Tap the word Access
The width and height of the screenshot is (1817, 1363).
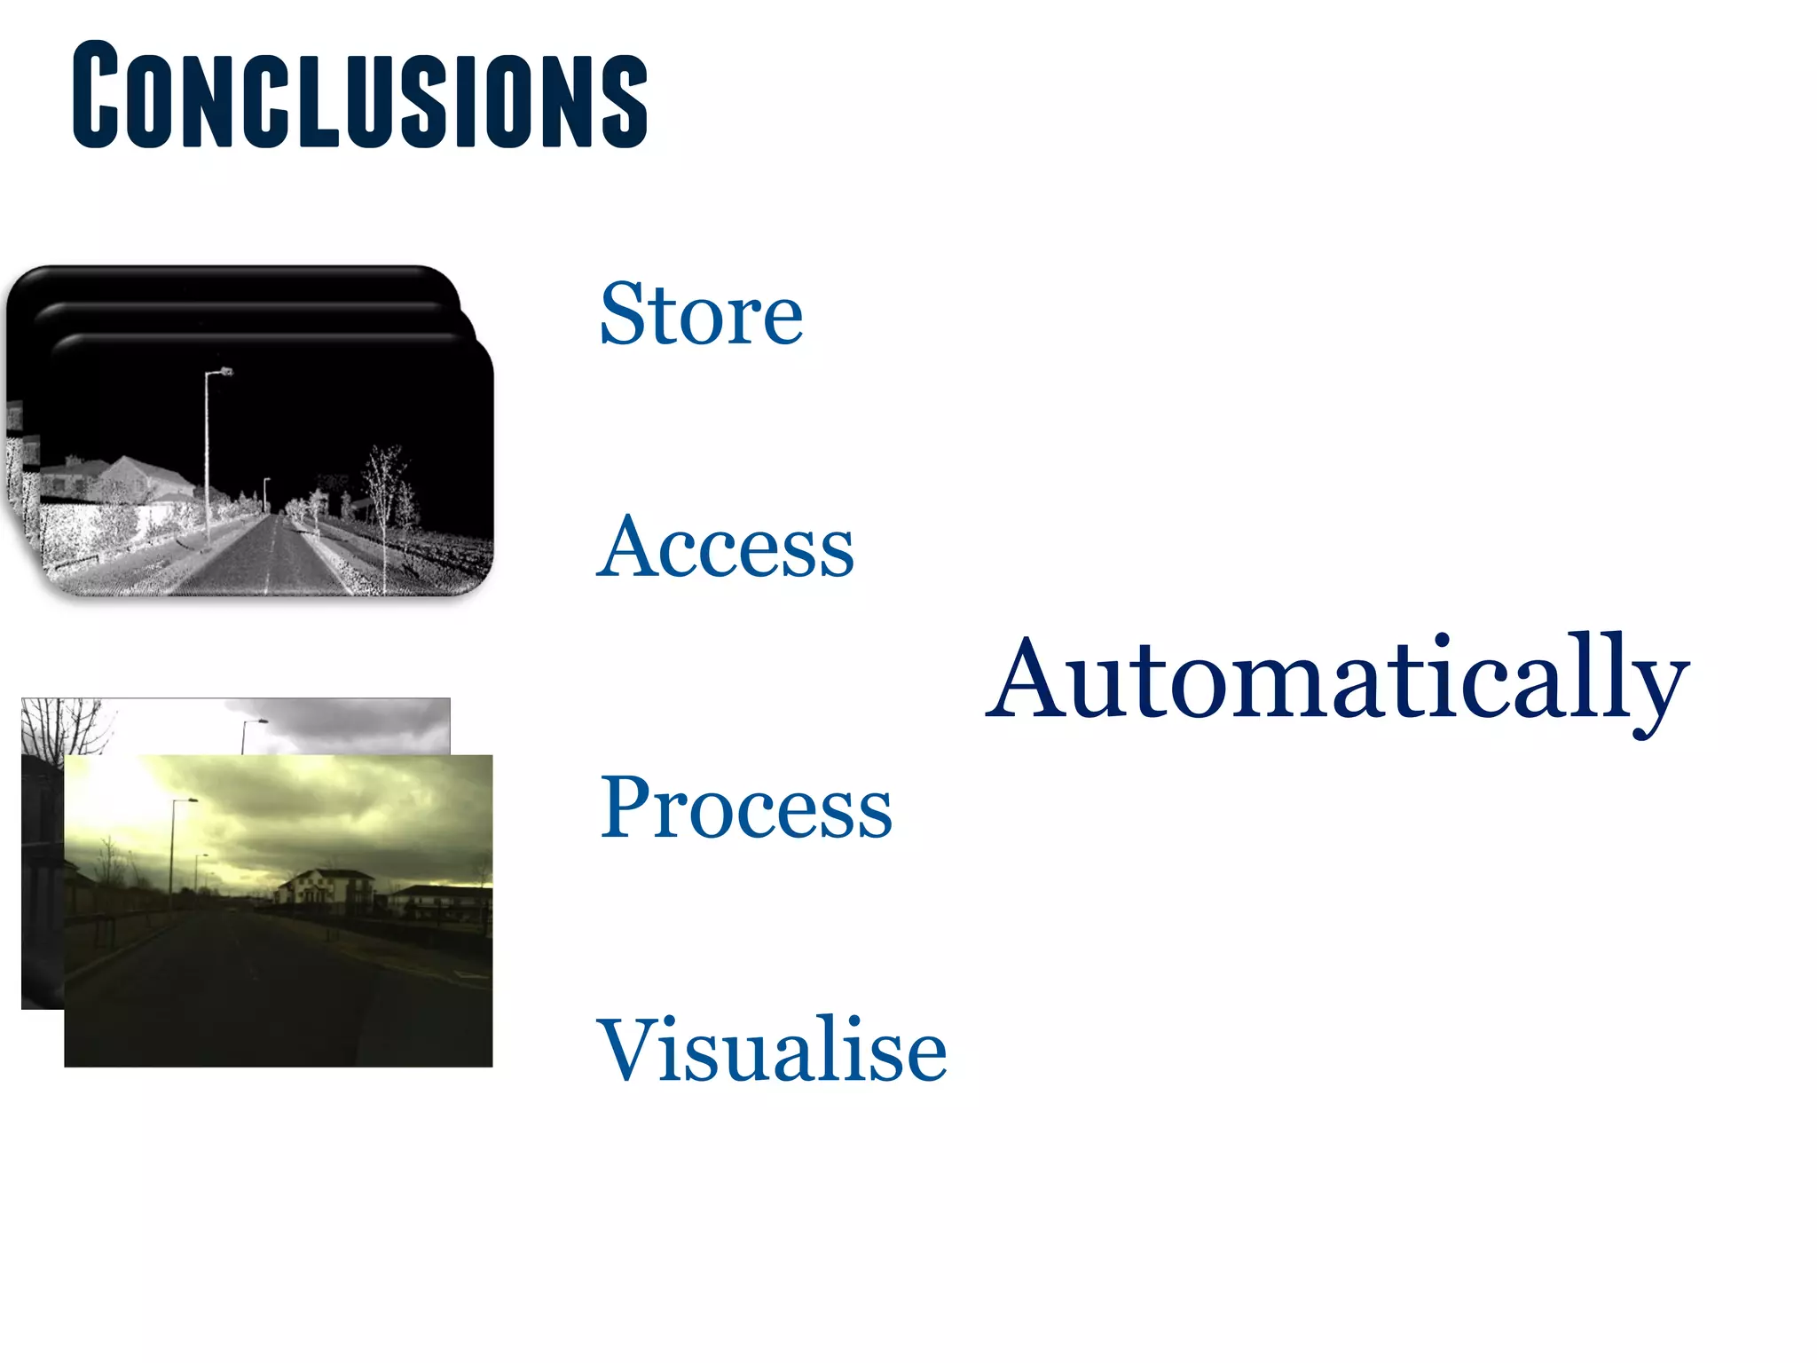coord(725,548)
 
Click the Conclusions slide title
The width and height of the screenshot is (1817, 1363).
coord(359,95)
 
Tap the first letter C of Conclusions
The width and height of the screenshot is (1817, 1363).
coord(96,95)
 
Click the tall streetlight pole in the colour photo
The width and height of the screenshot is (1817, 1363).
coord(172,861)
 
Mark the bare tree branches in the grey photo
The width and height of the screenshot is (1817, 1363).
coord(67,723)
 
